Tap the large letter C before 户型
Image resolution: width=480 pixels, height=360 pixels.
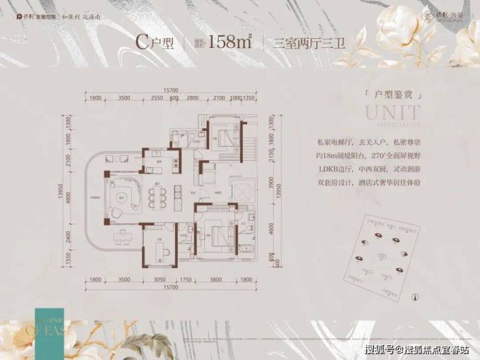142,43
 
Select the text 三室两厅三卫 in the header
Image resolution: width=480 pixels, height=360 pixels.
300,43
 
